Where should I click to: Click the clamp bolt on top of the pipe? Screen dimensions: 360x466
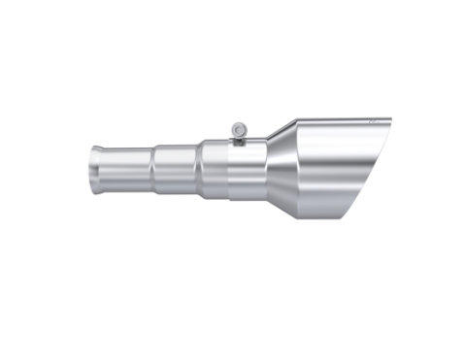coord(236,130)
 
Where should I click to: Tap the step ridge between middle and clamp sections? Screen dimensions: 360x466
coord(201,166)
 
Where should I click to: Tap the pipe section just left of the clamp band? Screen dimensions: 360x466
coord(216,166)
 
